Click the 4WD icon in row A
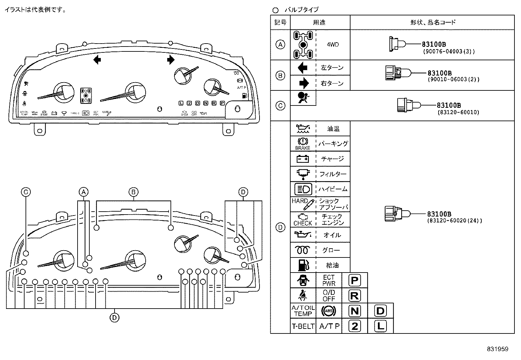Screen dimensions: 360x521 tap(303, 45)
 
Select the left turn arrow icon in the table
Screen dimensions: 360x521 tap(303, 68)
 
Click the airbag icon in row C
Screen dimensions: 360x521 tap(303, 98)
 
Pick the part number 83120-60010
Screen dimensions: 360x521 tap(458, 112)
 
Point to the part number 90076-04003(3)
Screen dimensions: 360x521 tap(448, 51)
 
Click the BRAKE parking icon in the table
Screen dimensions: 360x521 tap(303, 143)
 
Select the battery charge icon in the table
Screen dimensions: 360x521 tap(303, 159)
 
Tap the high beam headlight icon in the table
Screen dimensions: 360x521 tap(303, 189)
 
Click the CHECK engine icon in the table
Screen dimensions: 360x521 tap(303, 219)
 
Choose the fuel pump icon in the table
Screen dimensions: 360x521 tap(303, 265)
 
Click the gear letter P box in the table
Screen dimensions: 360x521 tap(355, 280)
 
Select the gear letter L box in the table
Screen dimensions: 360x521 tap(380, 326)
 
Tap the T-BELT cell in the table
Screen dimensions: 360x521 tap(303, 326)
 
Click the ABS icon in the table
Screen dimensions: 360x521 tap(329, 311)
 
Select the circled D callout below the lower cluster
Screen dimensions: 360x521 tap(114, 317)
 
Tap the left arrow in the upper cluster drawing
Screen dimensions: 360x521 tap(97, 60)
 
